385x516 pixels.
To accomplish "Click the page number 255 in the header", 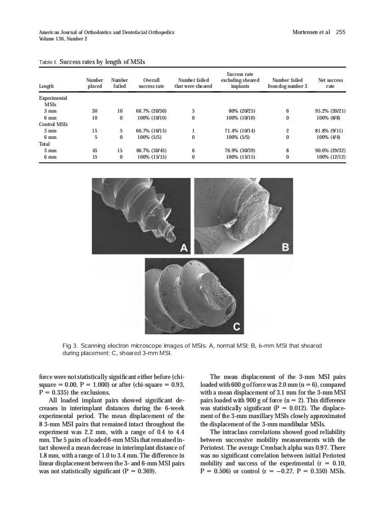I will point(340,32).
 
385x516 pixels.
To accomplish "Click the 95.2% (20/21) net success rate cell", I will point(329,111).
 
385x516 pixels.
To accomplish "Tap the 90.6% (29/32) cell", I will point(329,150).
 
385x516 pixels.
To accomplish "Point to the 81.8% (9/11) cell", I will point(329,131).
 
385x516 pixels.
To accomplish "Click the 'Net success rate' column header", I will point(330,83).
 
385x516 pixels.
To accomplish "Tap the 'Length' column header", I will point(46,86).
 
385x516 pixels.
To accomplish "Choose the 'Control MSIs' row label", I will point(53,124).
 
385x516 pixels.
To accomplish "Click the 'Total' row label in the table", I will point(45,144).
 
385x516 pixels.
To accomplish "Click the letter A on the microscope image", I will point(184,248).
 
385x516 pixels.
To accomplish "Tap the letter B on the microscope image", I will point(285,248).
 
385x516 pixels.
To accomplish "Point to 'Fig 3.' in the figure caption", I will point(69,345).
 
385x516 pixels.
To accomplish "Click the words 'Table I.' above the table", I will point(48,61).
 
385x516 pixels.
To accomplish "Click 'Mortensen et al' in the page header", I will point(311,32).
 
